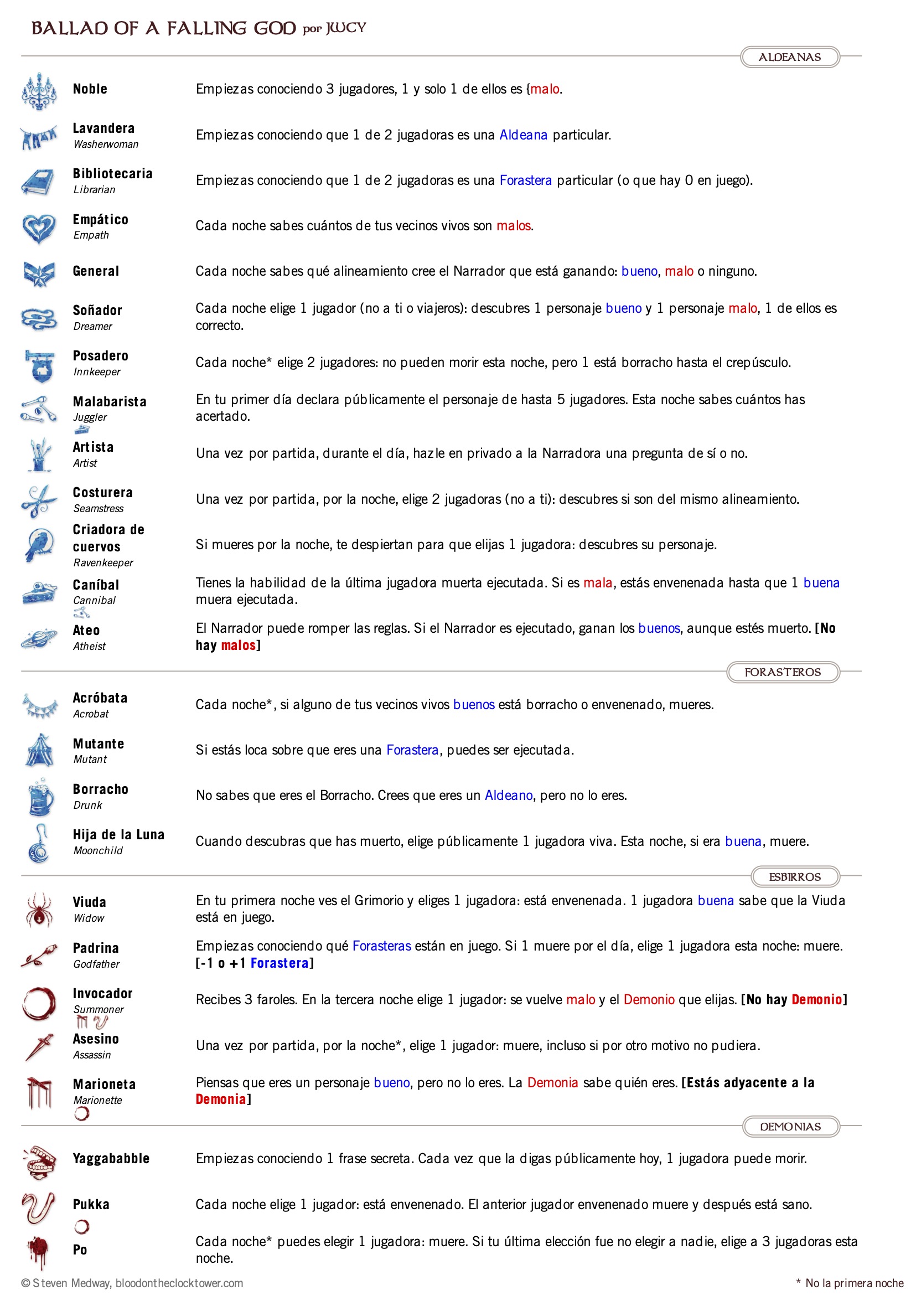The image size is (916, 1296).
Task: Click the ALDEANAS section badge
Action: click(789, 57)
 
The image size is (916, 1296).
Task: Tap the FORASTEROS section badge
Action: click(782, 672)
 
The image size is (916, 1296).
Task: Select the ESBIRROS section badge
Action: click(795, 876)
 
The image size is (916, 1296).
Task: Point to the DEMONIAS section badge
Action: click(790, 1127)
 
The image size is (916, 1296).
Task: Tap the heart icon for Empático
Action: click(39, 228)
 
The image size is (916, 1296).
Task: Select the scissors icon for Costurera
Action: click(39, 500)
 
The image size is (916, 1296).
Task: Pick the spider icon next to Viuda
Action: click(39, 910)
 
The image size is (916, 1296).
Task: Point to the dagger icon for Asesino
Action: click(39, 1046)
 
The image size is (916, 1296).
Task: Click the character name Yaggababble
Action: click(111, 1159)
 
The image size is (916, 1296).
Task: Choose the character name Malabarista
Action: click(110, 401)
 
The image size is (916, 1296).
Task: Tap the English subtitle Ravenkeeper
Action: click(103, 563)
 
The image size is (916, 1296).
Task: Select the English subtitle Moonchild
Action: click(97, 851)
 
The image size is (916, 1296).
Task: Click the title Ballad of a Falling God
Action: click(163, 28)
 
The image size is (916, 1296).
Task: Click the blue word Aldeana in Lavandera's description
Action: click(523, 135)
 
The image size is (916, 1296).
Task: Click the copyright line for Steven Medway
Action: click(132, 1283)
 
